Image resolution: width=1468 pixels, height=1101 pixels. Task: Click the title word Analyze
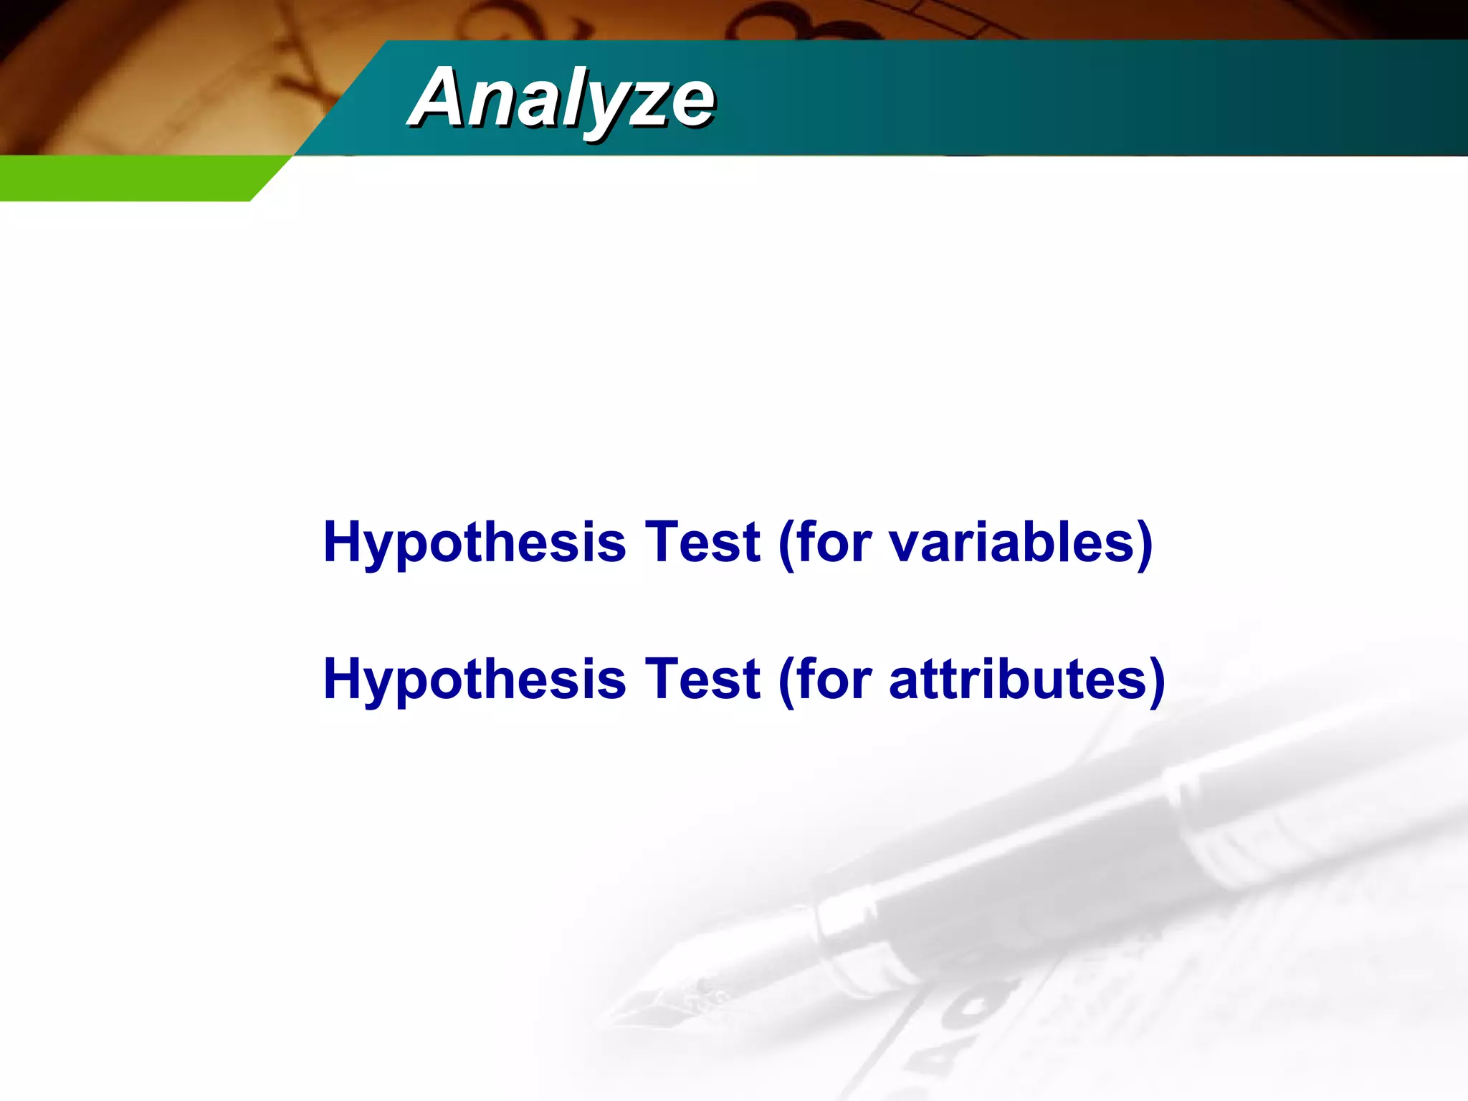pos(561,97)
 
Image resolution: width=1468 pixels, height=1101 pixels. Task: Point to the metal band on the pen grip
pos(846,932)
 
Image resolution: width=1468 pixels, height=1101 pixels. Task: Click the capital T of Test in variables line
pos(663,542)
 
